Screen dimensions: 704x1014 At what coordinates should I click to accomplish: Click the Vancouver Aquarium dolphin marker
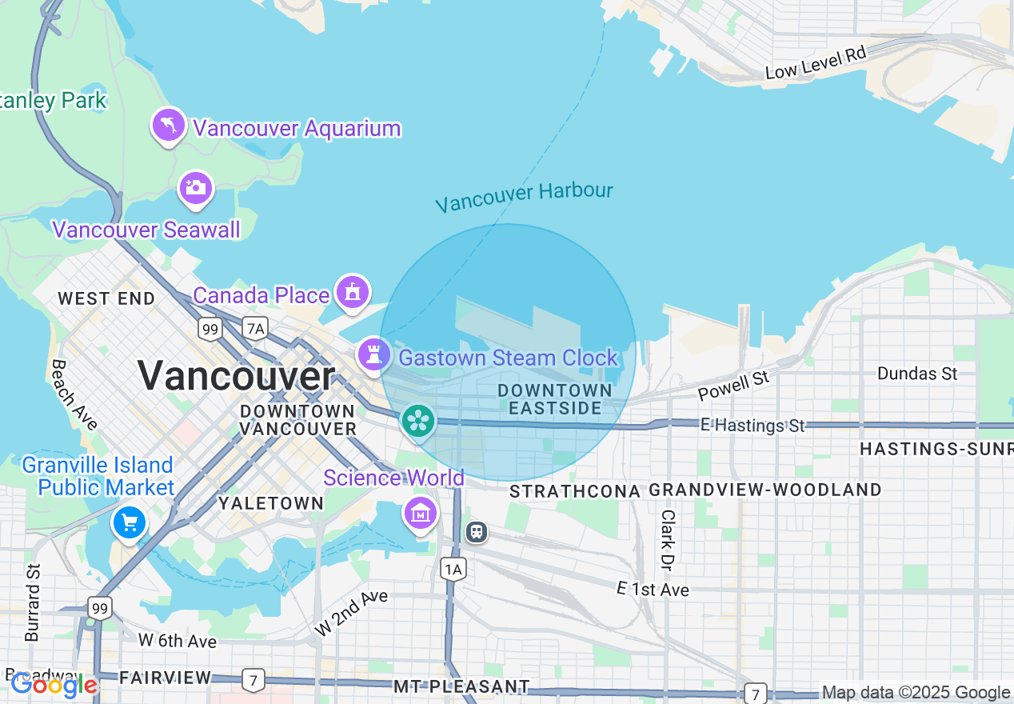coord(169,126)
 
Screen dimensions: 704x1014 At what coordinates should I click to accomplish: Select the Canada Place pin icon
coord(352,292)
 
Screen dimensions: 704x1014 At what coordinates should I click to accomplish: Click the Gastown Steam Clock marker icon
coord(373,354)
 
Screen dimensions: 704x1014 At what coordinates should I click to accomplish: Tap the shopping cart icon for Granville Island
coord(130,523)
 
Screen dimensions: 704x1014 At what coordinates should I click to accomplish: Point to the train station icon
coord(477,531)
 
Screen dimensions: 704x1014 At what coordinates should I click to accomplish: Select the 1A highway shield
coord(453,569)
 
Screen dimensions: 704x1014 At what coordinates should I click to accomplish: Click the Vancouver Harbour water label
coord(524,195)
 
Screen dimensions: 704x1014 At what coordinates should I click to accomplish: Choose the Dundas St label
coord(916,374)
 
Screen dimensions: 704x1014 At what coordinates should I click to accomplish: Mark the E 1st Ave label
coord(653,590)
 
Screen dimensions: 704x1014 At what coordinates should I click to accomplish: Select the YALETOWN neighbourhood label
coord(271,503)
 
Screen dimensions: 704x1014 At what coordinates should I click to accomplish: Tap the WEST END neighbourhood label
coord(106,299)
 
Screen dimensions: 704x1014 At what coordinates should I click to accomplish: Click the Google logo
coord(54,685)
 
